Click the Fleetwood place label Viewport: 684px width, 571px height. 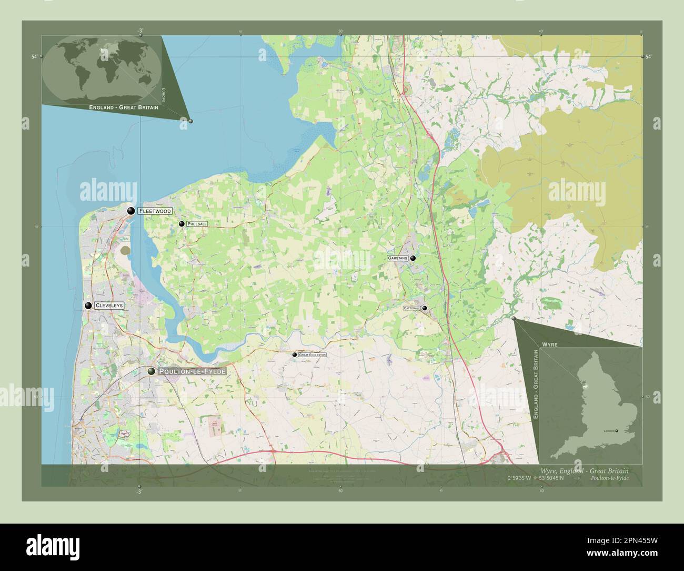155,211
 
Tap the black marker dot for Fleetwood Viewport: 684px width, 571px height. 130,211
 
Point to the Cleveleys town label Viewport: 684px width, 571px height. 109,306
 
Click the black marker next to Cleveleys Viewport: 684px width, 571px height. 88,306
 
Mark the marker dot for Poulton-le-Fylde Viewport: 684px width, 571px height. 152,371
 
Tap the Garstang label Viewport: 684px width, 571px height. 397,258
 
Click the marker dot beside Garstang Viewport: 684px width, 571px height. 413,258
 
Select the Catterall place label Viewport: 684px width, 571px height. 411,308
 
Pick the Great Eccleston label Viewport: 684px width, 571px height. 312,355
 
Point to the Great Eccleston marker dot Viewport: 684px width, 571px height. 294,355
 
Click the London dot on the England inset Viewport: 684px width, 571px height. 617,431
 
